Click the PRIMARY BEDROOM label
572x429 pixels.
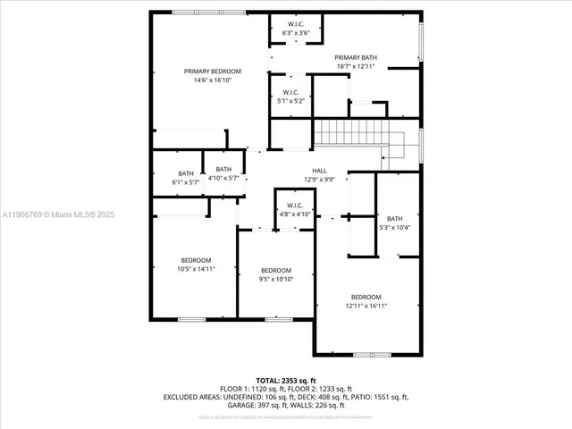[213, 71]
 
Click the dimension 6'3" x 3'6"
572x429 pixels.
[296, 33]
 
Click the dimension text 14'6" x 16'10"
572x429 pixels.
[213, 80]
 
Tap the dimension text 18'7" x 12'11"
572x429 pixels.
[355, 66]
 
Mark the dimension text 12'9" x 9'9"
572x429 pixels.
[319, 179]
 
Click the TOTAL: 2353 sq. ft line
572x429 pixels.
[286, 380]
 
